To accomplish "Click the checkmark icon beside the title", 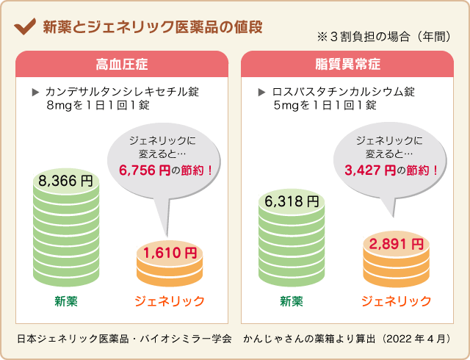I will (x=26, y=27).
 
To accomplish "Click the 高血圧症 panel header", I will (x=121, y=64).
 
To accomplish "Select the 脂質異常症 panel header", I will (x=348, y=64).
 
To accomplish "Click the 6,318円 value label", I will (x=292, y=201).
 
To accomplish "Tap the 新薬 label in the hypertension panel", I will (x=66, y=300).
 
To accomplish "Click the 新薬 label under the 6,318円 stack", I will (x=292, y=300).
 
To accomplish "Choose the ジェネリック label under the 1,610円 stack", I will (x=170, y=300).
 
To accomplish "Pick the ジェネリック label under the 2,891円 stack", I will (x=396, y=300).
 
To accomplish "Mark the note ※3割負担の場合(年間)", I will (x=383, y=37).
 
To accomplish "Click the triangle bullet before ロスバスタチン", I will (x=261, y=93).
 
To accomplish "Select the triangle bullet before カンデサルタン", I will (x=35, y=93).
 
